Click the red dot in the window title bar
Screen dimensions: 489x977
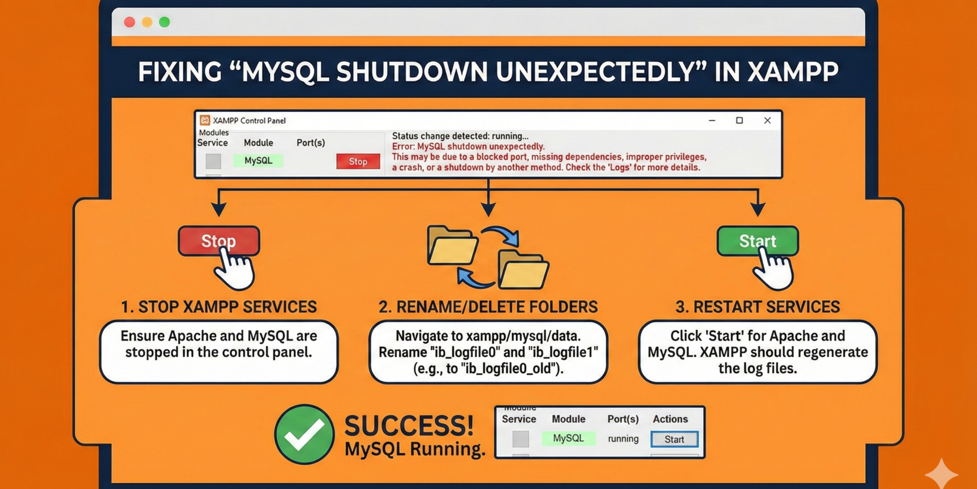(x=129, y=22)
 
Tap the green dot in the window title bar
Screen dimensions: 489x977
(x=165, y=22)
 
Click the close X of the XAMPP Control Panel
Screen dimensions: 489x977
(x=767, y=120)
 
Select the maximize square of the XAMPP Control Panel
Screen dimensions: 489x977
(x=739, y=120)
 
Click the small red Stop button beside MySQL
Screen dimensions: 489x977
(x=358, y=161)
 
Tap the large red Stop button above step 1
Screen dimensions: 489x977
(x=219, y=241)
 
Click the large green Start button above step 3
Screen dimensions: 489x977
(x=757, y=241)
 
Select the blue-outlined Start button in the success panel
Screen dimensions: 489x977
(x=674, y=439)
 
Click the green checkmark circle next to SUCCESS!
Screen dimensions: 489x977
(x=304, y=434)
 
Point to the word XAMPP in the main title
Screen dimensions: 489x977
(x=792, y=72)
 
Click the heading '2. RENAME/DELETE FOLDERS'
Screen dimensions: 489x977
(x=488, y=307)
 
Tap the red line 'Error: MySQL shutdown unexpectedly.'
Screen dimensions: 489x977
(x=468, y=147)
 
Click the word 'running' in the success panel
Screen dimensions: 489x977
(x=623, y=439)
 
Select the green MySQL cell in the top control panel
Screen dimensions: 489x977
(x=258, y=161)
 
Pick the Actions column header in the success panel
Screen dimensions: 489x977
(x=670, y=419)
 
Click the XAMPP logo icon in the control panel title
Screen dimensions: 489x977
(x=205, y=120)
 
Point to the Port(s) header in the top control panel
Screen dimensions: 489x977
(x=311, y=143)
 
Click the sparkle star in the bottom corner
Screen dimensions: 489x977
(x=941, y=475)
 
